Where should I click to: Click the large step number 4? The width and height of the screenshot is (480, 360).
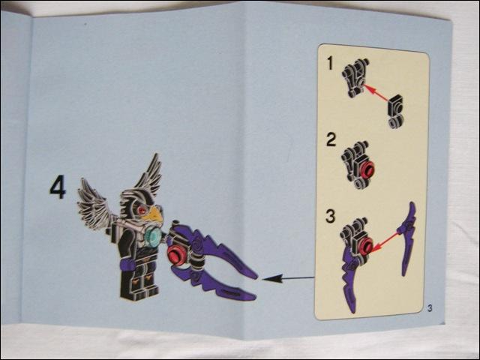pos(58,187)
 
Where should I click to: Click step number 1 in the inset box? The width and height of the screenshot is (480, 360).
pos(330,64)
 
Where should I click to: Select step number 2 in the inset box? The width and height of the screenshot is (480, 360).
pos(331,140)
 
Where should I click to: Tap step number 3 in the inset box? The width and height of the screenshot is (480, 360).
pos(331,216)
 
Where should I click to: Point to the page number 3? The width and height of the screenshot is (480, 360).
pos(430,308)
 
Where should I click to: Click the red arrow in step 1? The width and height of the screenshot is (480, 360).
pos(375,93)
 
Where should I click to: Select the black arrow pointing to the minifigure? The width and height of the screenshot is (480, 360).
pos(288,278)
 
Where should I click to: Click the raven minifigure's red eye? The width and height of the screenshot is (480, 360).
pos(142,210)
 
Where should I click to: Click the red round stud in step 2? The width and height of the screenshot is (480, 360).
pos(367,169)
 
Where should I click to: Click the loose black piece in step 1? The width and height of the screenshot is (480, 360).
pos(395,111)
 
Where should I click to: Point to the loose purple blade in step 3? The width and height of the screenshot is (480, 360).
pos(406,238)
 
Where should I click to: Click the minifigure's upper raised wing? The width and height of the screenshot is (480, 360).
pos(148,175)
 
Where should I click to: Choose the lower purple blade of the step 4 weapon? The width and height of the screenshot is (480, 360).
pos(214,283)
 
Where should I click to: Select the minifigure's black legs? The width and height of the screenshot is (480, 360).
pos(139,280)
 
